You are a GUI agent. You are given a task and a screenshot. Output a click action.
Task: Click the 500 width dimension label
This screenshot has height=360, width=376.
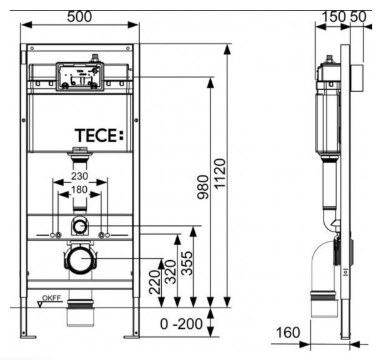coord(79,17)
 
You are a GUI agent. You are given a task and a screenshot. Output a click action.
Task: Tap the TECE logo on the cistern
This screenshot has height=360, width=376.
coord(99,135)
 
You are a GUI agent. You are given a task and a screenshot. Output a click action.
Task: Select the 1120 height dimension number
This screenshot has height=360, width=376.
coord(220,174)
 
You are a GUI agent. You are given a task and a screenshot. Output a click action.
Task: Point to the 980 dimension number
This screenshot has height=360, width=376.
coord(203,187)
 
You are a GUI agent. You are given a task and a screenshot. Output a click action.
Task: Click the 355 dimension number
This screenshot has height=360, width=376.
coord(187,263)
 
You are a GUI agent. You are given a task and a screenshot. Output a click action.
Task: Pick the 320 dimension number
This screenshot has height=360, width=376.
coord(171,272)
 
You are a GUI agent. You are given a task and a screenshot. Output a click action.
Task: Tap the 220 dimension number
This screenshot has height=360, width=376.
coord(155,282)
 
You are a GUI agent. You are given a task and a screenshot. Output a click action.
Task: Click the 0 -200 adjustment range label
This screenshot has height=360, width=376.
coord(181,324)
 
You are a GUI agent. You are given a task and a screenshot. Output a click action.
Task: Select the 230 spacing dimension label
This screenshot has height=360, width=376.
coord(79,177)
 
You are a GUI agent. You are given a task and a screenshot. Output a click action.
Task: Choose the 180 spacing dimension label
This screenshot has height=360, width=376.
coord(79,190)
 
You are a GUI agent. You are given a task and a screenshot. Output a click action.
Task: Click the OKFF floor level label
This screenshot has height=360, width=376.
coord(52,298)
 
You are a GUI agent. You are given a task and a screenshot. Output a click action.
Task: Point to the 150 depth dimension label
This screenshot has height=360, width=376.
coord(334,17)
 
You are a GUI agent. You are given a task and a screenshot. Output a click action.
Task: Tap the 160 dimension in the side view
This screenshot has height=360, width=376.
coord(288,333)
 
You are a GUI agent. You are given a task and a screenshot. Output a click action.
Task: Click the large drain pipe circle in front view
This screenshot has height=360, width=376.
coord(80,261)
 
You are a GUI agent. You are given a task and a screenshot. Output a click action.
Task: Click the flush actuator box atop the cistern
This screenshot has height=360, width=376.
coord(80,77)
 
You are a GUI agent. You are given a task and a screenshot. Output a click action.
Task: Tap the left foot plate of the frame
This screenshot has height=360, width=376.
coord(28,338)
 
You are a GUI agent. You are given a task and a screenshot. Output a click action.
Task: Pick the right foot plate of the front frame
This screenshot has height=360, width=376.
coord(132,338)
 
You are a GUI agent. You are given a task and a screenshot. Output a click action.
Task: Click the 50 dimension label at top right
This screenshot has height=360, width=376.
coord(359,17)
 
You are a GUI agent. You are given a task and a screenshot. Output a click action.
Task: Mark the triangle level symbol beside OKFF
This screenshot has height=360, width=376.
coord(40,304)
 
